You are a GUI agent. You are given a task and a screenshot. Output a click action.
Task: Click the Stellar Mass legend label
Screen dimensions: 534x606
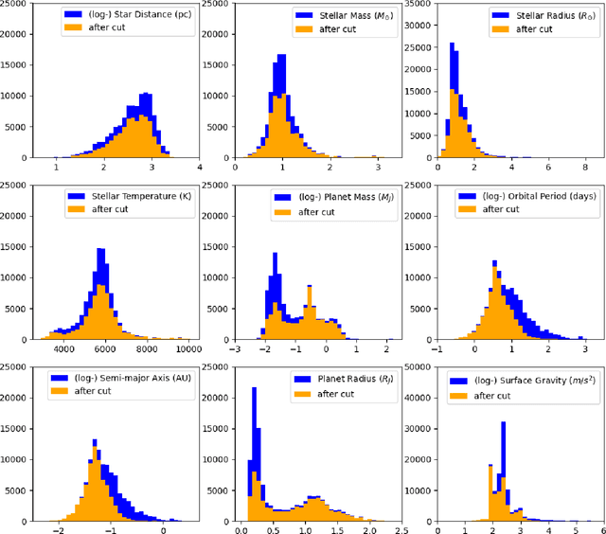[x=347, y=16]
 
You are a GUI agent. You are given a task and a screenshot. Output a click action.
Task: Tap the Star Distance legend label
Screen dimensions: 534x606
[x=137, y=16]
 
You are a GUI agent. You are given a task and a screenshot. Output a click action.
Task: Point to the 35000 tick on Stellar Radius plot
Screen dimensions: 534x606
[x=421, y=4]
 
